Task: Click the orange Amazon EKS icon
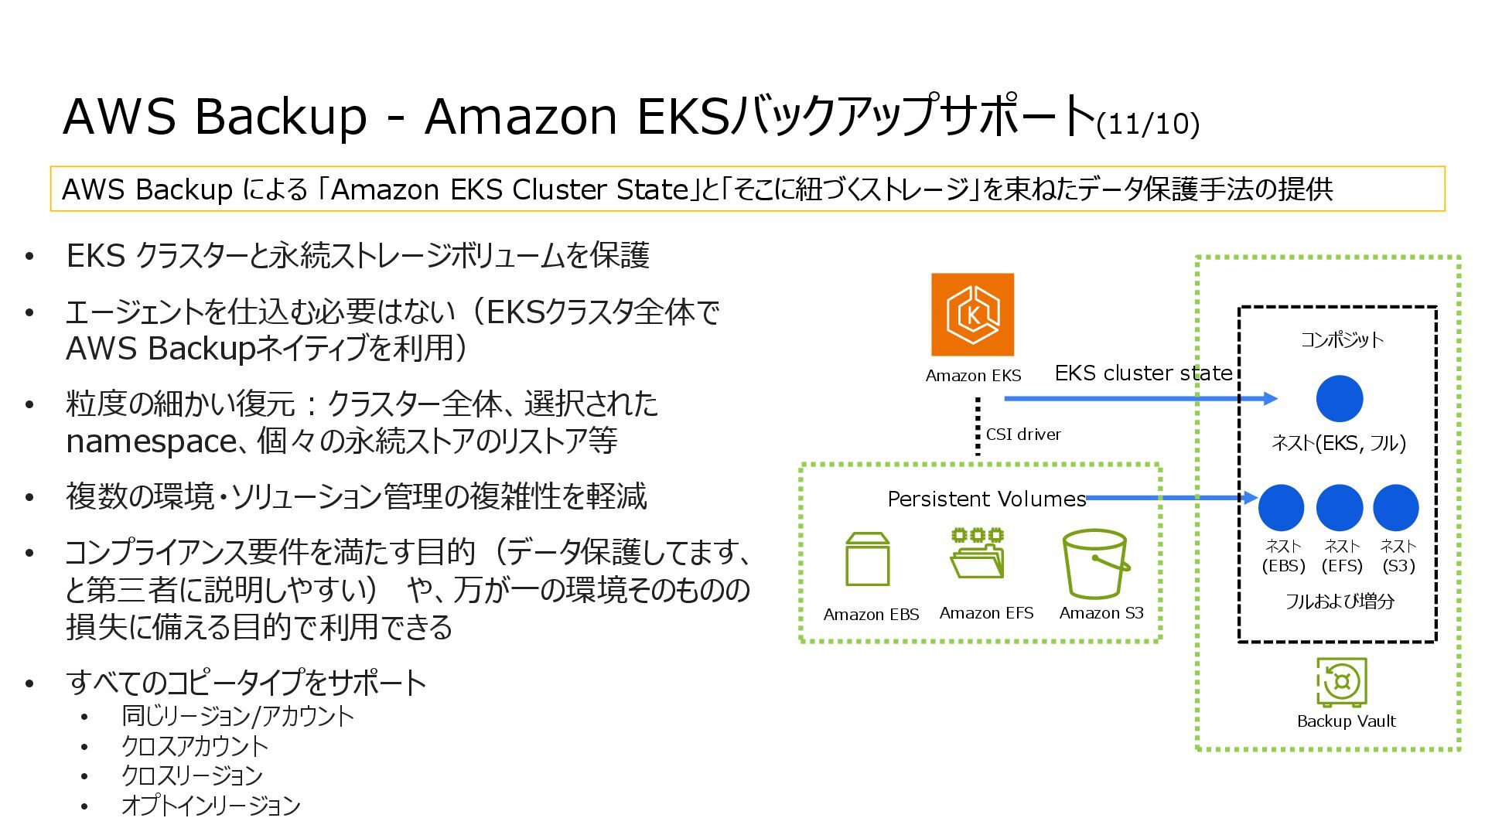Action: [972, 315]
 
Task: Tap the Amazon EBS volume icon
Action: [868, 560]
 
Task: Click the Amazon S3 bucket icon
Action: [1094, 564]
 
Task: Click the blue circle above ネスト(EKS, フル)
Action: [1339, 399]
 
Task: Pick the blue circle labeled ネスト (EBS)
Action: [1281, 507]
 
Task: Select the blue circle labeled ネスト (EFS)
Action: [1339, 507]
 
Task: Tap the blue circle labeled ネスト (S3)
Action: [1395, 507]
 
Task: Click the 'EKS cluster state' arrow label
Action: [1143, 373]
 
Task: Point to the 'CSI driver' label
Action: [1023, 435]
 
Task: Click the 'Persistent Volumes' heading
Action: [986, 499]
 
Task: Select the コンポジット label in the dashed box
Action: [1342, 339]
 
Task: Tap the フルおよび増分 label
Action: [1340, 602]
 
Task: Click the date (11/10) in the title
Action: [1148, 124]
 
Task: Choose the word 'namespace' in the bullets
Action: [151, 441]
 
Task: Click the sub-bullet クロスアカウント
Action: [194, 746]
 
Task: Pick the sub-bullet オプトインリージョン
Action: [210, 806]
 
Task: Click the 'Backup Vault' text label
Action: [1346, 721]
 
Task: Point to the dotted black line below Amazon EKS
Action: [978, 425]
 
